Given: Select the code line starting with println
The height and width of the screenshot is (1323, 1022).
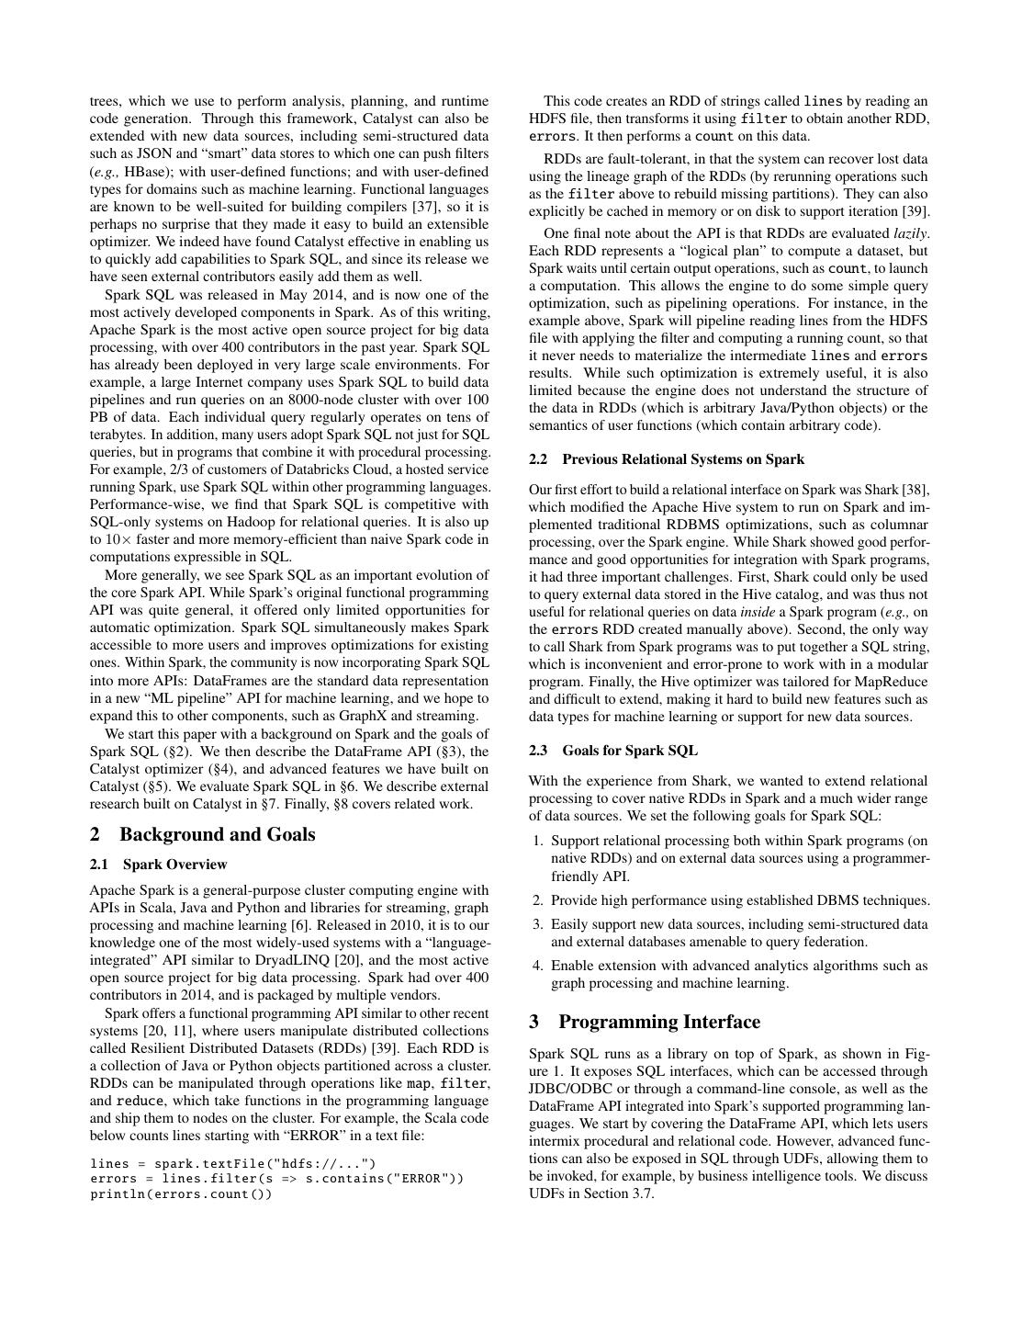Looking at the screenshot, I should (181, 1194).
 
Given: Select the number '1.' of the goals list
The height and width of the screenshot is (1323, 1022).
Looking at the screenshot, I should (538, 841).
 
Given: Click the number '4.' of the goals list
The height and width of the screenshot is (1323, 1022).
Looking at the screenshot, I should (538, 966).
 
